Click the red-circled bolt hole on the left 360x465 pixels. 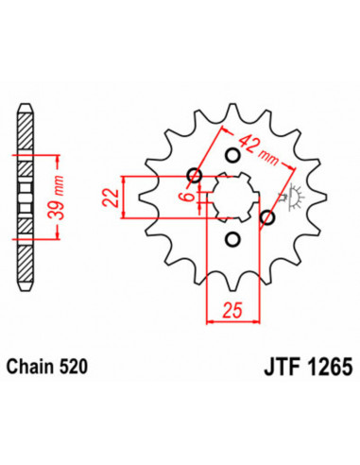click(195, 175)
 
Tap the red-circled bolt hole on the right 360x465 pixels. click(266, 218)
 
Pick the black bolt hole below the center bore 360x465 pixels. click(229, 240)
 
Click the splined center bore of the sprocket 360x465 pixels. click(231, 198)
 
